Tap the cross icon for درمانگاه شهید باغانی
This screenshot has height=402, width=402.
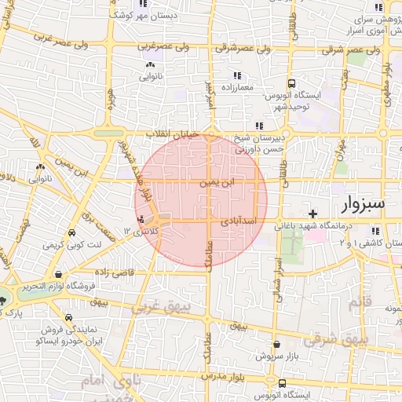tap(313, 214)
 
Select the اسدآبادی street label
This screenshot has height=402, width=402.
tap(250, 222)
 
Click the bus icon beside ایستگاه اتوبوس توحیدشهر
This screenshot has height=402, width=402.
tap(291, 82)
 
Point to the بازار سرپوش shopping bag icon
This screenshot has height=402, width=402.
tap(276, 344)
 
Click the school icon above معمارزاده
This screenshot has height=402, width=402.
tap(236, 75)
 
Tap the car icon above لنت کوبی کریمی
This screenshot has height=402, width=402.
tap(71, 234)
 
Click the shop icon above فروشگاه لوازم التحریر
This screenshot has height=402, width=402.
tap(59, 274)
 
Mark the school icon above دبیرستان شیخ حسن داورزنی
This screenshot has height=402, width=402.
tap(258, 126)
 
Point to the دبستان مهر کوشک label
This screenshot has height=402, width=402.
tap(168, 15)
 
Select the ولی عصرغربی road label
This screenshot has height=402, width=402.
tap(165, 46)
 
